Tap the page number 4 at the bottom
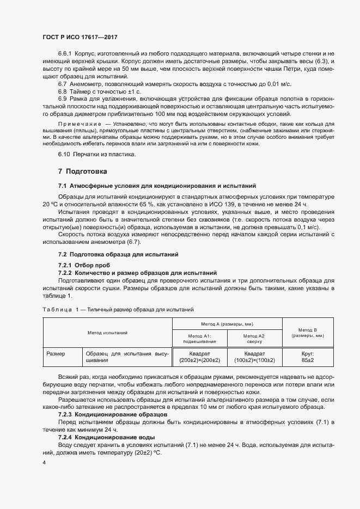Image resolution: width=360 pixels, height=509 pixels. pos(44,462)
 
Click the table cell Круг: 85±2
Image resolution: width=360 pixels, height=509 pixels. pos(308,357)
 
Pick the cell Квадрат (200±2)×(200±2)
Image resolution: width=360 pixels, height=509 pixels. pos(200,357)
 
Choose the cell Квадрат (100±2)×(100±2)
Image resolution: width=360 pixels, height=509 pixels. pos(254,357)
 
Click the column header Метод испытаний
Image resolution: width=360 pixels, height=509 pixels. pos(107,332)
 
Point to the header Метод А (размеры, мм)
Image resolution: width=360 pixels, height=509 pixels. pos(227,323)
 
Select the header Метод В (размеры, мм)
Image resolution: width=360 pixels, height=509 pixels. pos(308,332)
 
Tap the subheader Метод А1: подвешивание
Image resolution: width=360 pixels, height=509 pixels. pos(200,339)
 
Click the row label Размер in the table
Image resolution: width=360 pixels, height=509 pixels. pos(56,353)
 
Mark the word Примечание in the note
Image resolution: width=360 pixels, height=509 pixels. pos(76,125)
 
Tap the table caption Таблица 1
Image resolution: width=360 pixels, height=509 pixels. pos(60,310)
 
